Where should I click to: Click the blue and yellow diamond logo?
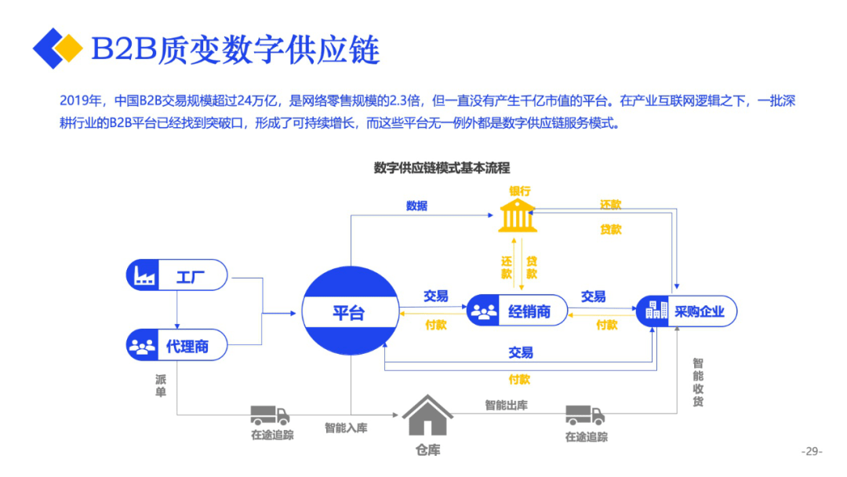(x=57, y=49)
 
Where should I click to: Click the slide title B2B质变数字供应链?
(x=235, y=49)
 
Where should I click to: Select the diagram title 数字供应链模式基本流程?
(x=442, y=168)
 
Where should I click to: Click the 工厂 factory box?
(x=177, y=275)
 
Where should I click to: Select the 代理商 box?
(x=177, y=345)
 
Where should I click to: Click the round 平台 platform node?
(x=349, y=313)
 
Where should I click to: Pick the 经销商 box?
(x=518, y=311)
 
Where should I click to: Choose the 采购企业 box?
(x=686, y=311)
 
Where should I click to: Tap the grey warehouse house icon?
(x=427, y=415)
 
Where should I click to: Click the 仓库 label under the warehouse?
(x=428, y=450)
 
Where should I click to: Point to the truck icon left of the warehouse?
(x=271, y=415)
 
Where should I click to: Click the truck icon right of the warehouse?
(x=585, y=415)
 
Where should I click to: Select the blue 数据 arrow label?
(x=417, y=206)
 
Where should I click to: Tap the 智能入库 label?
(x=346, y=428)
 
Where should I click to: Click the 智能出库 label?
(x=506, y=405)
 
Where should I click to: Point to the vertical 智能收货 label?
(x=697, y=383)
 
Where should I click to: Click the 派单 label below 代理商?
(x=161, y=385)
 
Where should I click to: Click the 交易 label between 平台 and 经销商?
(x=436, y=297)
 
